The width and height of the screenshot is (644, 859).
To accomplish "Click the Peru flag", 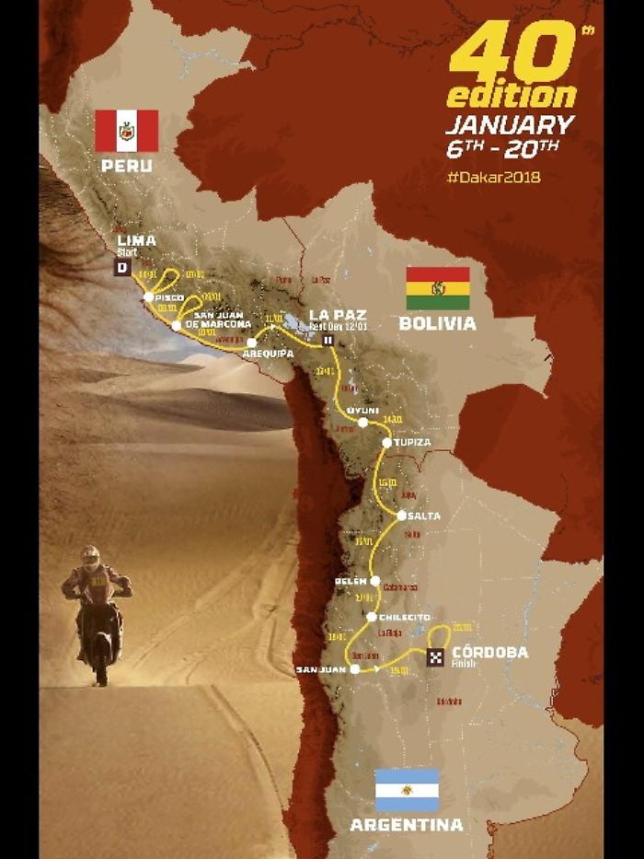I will (x=127, y=131).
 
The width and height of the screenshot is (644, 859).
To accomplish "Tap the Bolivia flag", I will (x=438, y=287).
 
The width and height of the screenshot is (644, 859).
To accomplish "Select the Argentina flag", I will (x=407, y=790).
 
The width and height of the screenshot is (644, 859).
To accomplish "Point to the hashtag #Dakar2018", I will (x=493, y=176).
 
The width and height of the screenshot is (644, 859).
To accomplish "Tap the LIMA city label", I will (x=136, y=240).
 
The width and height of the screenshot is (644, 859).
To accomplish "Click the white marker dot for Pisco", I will (x=148, y=296).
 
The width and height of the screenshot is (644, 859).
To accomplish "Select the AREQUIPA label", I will (x=268, y=353).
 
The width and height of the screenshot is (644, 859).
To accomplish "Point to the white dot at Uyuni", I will (x=362, y=423).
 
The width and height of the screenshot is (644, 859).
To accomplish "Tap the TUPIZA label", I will (x=411, y=443).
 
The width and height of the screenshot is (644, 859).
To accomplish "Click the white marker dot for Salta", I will (x=401, y=516).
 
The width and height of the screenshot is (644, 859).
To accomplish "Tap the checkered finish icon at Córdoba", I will (x=436, y=656).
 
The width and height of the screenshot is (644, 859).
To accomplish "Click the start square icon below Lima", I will (x=120, y=268).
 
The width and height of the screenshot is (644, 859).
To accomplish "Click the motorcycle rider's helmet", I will (x=90, y=556).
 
